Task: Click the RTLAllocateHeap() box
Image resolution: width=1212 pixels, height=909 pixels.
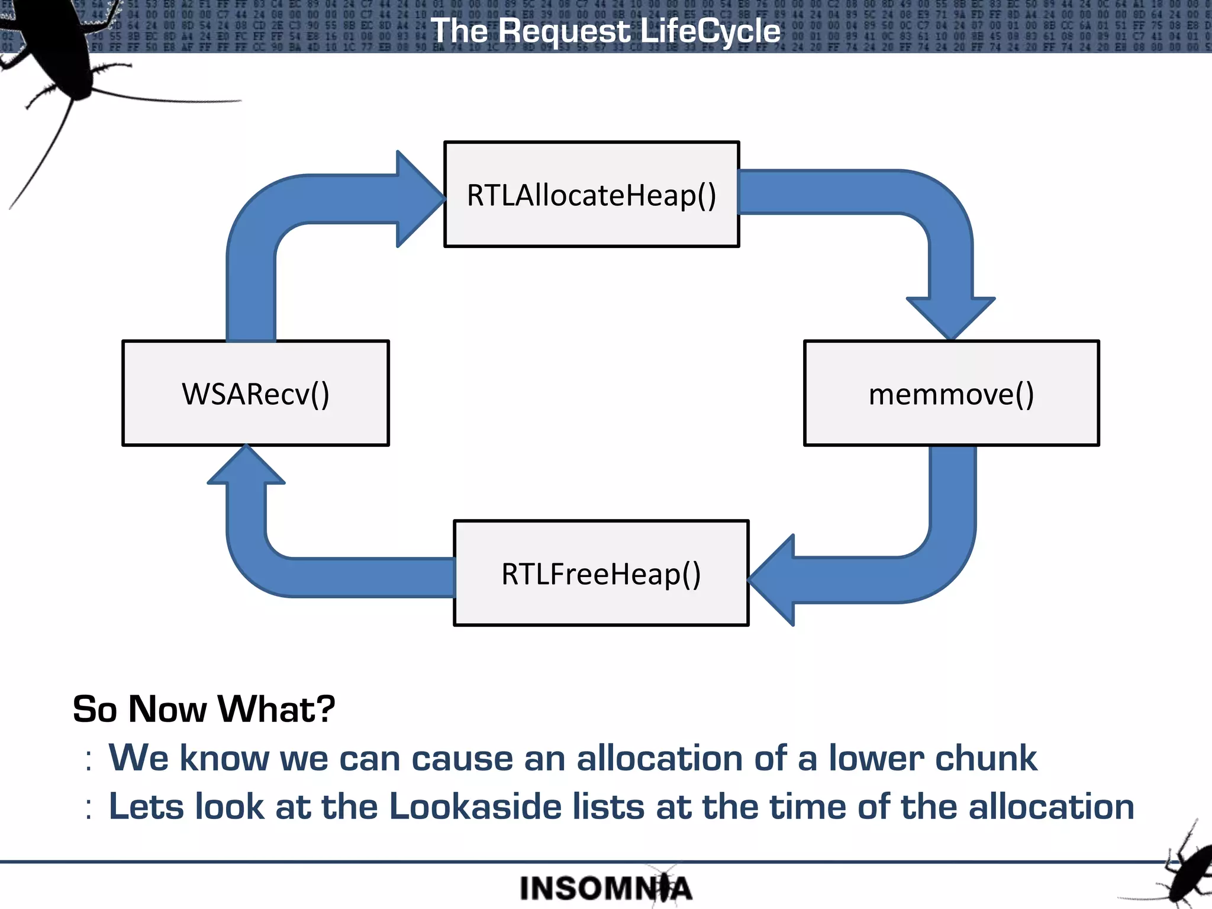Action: (591, 194)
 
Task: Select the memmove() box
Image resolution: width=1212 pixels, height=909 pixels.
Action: (951, 393)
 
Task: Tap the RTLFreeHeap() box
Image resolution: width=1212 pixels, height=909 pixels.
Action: (601, 573)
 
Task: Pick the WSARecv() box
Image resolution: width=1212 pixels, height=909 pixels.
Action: (255, 393)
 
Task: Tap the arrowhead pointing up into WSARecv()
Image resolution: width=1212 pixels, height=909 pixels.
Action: (246, 468)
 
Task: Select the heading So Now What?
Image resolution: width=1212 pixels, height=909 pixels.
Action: (204, 709)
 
